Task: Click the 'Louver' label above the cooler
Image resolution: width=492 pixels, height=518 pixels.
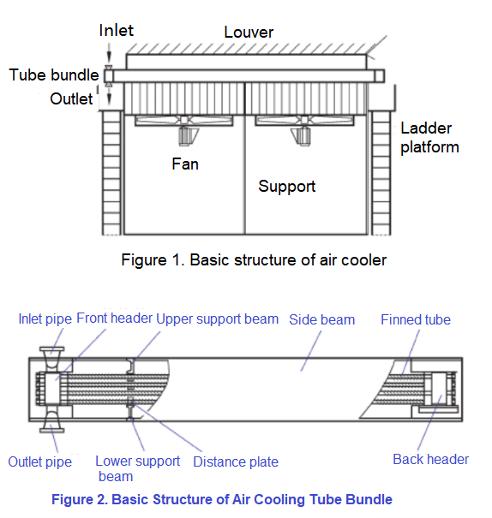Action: [x=249, y=32]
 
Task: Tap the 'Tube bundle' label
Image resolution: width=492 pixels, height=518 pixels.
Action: [x=54, y=74]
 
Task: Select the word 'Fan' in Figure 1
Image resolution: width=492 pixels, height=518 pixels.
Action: [x=185, y=164]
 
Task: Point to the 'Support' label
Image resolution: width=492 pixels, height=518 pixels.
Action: [x=286, y=187]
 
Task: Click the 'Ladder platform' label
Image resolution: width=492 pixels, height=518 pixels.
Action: [x=429, y=138]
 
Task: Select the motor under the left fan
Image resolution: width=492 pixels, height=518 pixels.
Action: [x=186, y=136]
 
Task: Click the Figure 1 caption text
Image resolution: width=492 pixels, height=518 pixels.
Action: [x=254, y=260]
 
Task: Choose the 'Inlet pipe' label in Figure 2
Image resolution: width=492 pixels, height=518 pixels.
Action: [x=45, y=319]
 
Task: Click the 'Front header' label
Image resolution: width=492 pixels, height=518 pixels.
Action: [x=114, y=319]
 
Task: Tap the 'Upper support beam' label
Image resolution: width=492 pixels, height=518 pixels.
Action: [x=217, y=319]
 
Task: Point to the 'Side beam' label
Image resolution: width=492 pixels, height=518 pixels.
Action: [x=321, y=319]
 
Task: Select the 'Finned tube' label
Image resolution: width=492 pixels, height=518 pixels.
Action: [x=416, y=319]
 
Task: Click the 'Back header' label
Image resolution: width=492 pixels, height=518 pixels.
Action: [x=430, y=459]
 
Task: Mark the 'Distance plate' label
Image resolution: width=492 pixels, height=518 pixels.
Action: [x=236, y=461]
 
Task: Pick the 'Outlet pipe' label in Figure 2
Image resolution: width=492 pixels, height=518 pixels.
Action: [x=40, y=461]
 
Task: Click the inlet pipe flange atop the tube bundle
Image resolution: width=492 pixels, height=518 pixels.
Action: [x=52, y=348]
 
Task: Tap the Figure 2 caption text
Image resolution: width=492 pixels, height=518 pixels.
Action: [x=222, y=499]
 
